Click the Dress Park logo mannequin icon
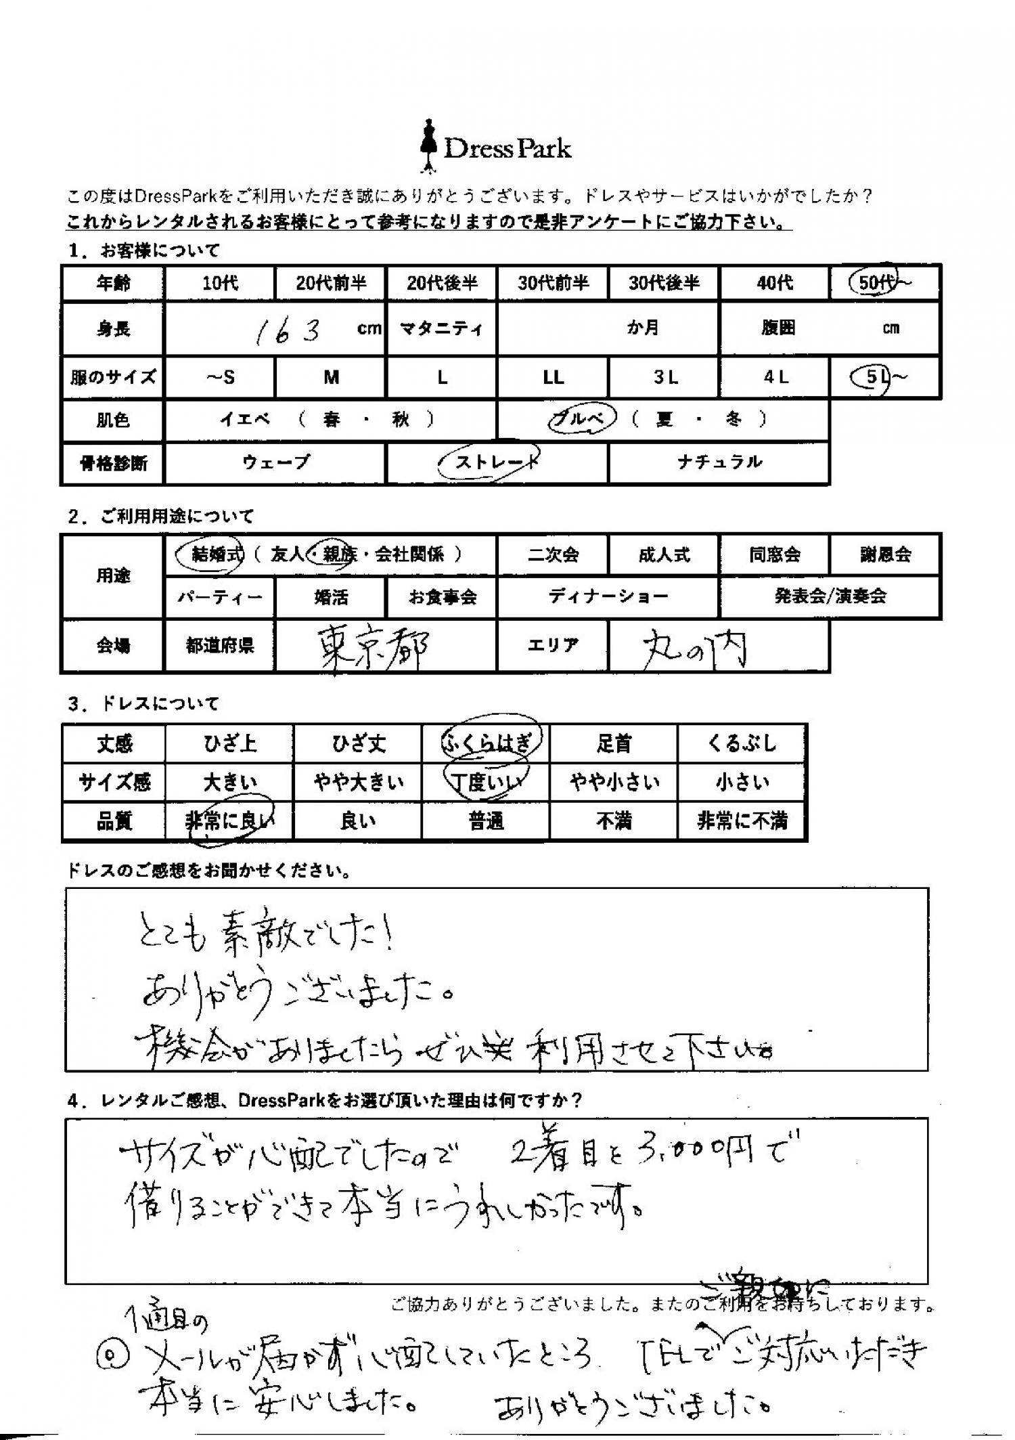click(x=428, y=146)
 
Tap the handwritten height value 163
click(x=287, y=330)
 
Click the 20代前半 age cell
click(x=330, y=282)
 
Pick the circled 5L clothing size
click(x=877, y=377)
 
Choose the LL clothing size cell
click(x=553, y=377)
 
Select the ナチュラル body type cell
click(x=719, y=462)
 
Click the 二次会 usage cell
click(x=553, y=554)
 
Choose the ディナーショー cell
click(x=608, y=596)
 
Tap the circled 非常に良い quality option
click(x=230, y=821)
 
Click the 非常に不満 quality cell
click(x=742, y=821)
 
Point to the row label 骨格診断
click(x=113, y=463)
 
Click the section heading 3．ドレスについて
click(x=143, y=704)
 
